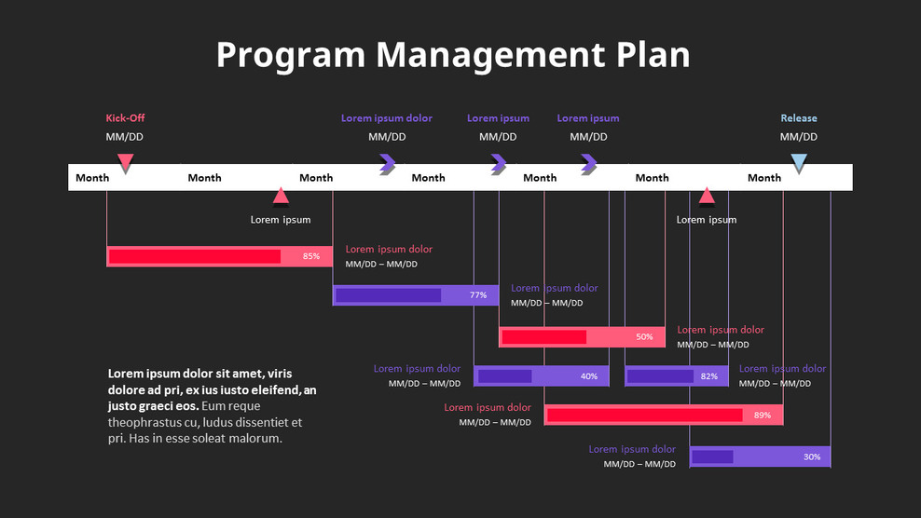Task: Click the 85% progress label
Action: (311, 256)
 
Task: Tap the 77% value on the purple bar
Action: (478, 295)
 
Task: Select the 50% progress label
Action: (644, 336)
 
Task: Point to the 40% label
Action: (589, 376)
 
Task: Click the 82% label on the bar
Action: (709, 376)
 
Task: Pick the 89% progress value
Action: (763, 415)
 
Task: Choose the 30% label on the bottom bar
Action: (812, 457)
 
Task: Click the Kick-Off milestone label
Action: (125, 118)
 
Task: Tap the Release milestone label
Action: (799, 118)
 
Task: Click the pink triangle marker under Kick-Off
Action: (125, 164)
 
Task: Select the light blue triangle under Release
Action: (799, 164)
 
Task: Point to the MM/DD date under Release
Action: (799, 137)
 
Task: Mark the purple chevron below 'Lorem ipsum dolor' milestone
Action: (387, 165)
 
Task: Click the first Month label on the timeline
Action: (92, 178)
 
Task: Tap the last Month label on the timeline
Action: (764, 178)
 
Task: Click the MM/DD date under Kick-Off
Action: (125, 137)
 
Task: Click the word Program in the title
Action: (291, 55)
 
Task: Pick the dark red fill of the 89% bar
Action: (643, 415)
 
